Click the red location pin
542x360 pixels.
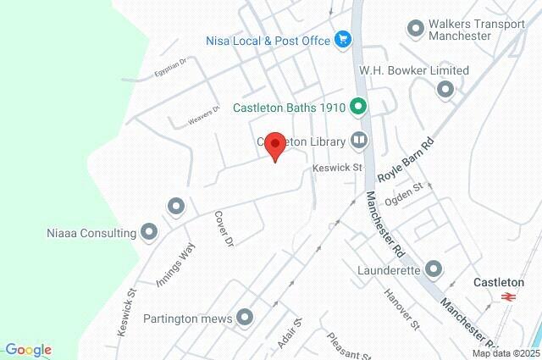(274, 145)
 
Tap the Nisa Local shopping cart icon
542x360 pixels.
(343, 39)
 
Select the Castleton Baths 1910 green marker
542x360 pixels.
(358, 107)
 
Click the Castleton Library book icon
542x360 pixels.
(360, 140)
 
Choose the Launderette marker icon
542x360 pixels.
(434, 269)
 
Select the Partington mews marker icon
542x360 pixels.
(246, 318)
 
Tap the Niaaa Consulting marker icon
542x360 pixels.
(150, 231)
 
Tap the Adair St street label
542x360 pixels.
(289, 334)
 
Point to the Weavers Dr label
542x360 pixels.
(203, 115)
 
